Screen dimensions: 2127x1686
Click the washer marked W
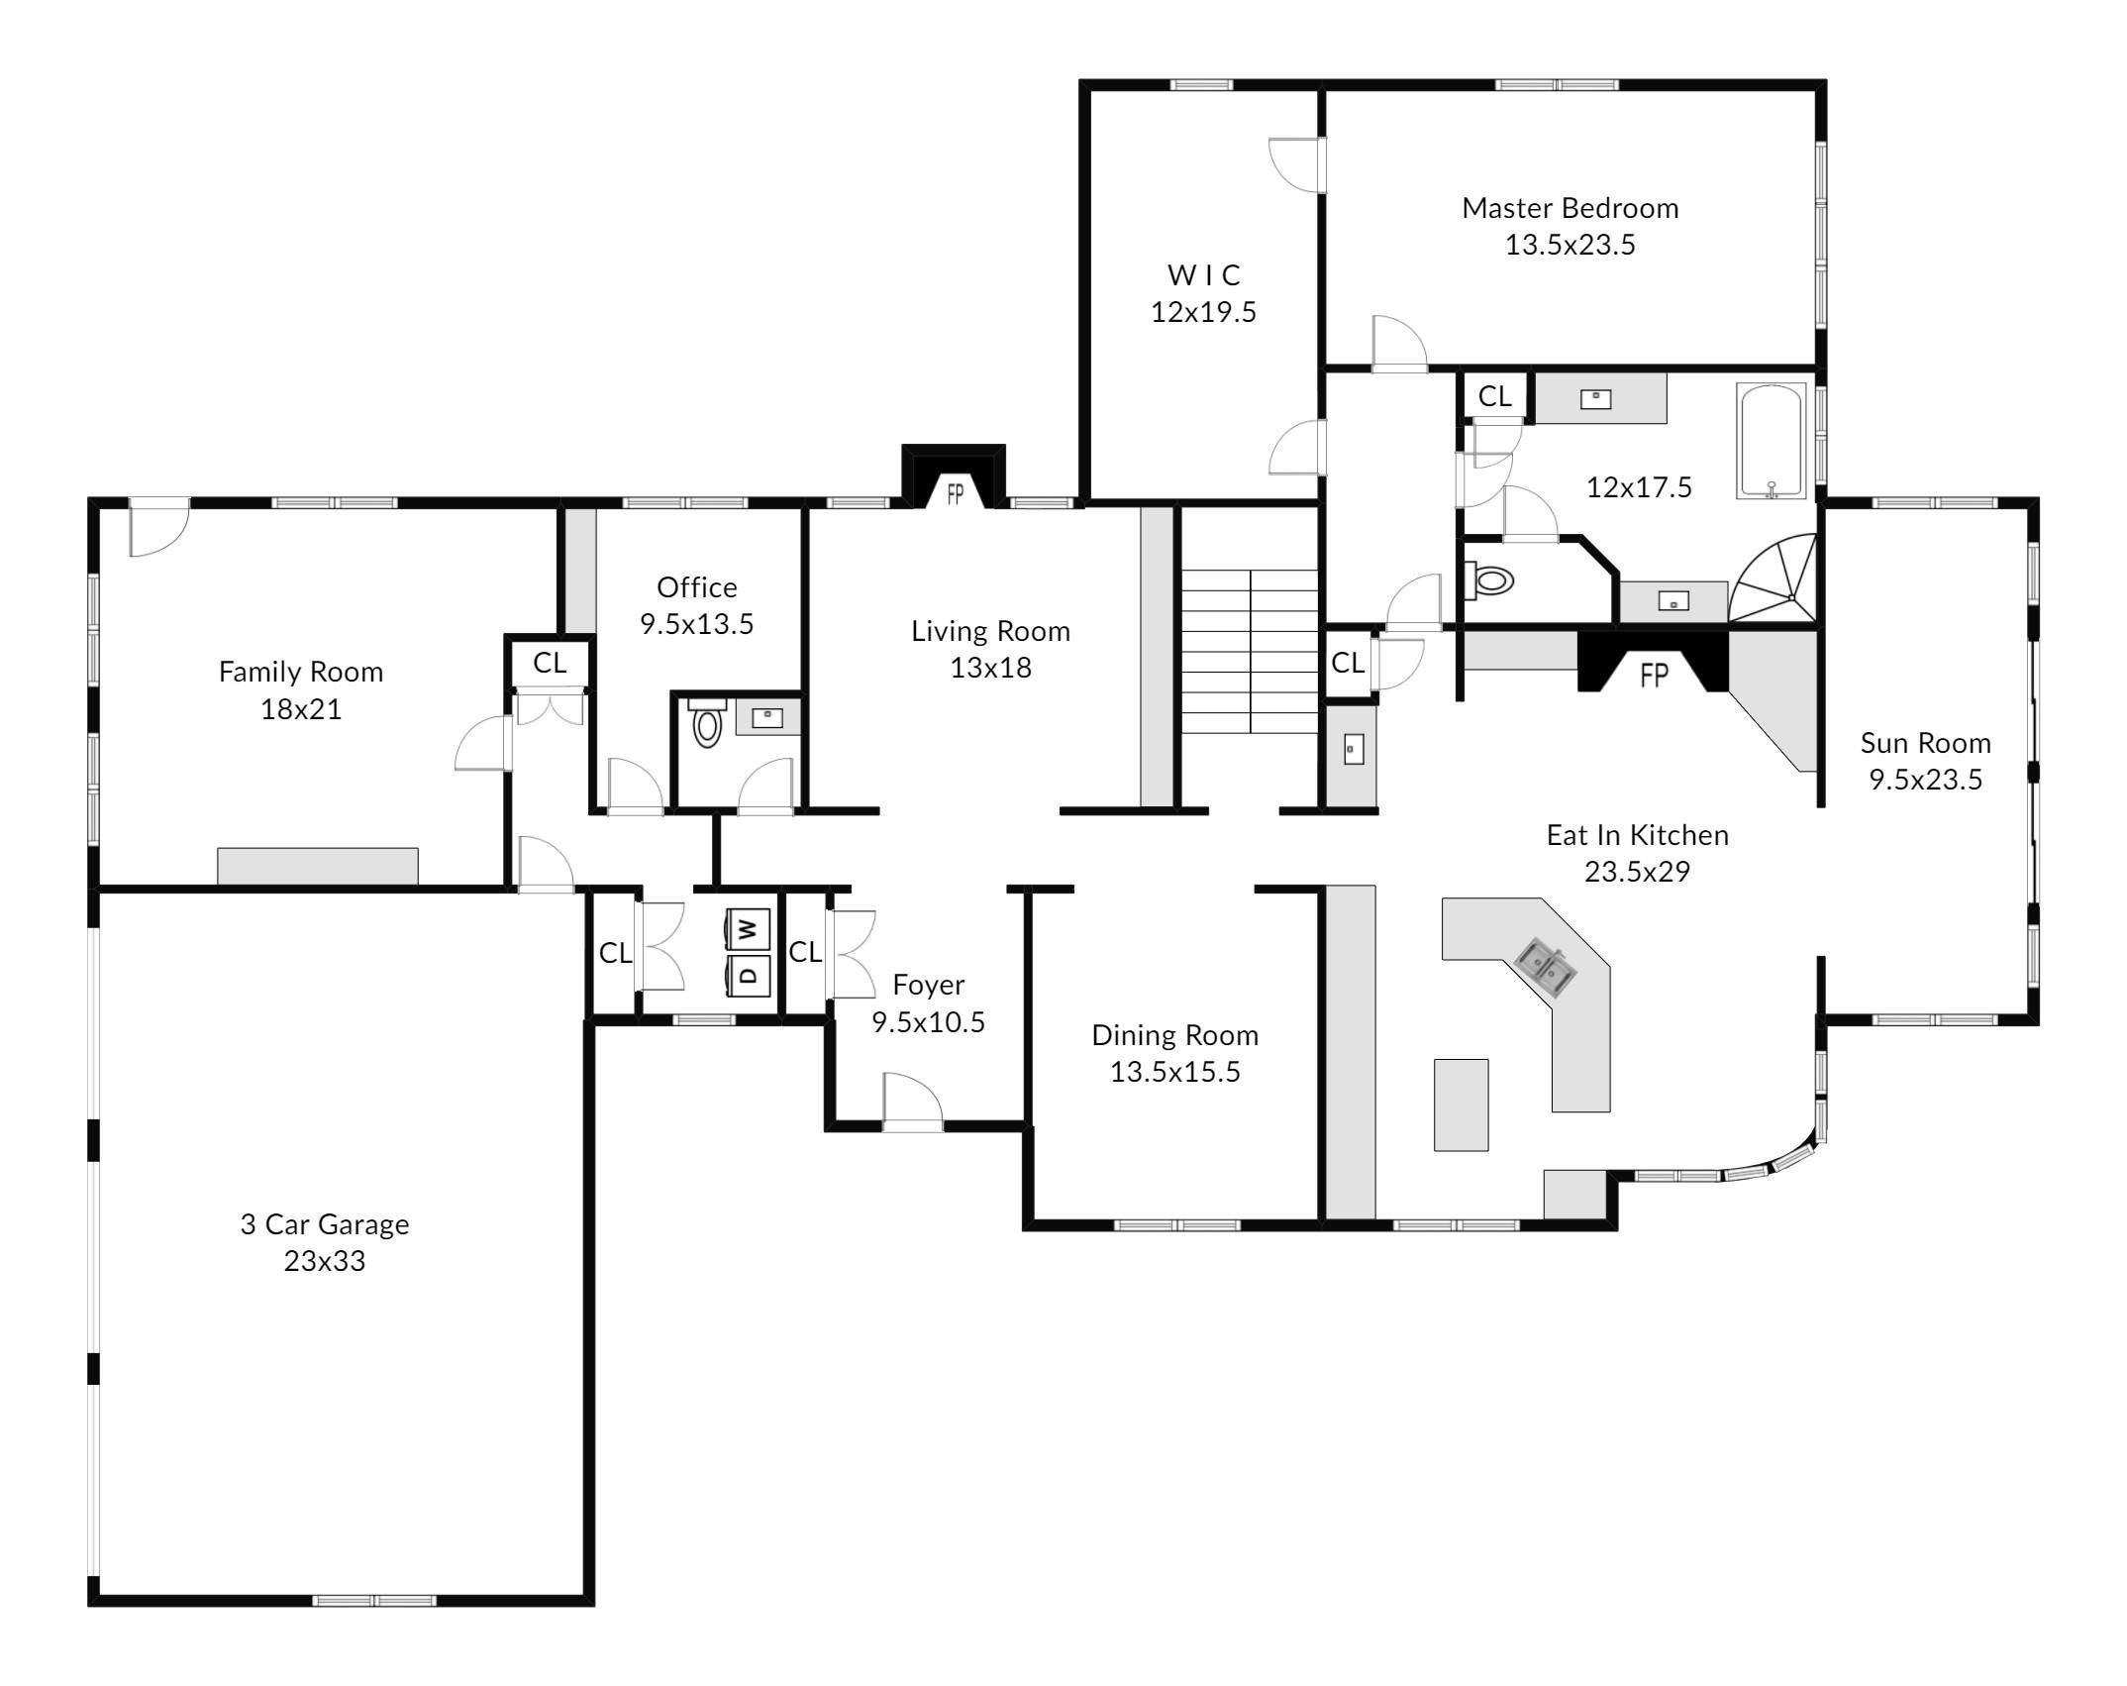pyautogui.click(x=748, y=929)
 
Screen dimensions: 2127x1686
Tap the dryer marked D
pyautogui.click(x=748, y=975)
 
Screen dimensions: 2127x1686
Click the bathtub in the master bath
pyautogui.click(x=1772, y=441)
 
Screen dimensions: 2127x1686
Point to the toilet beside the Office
pyautogui.click(x=706, y=722)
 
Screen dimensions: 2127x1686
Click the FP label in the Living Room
pyautogui.click(x=955, y=493)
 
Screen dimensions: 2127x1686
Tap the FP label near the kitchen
pyautogui.click(x=1654, y=676)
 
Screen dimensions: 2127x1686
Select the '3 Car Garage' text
pyautogui.click(x=325, y=1224)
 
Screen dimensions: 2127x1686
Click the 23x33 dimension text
pyautogui.click(x=325, y=1261)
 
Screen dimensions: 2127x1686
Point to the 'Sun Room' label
pyautogui.click(x=1925, y=743)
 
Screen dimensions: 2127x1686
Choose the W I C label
pyautogui.click(x=1203, y=274)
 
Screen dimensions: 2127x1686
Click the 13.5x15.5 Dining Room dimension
pyautogui.click(x=1174, y=1072)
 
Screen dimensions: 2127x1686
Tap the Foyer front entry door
pyautogui.click(x=913, y=1102)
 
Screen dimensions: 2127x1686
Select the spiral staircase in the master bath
pyautogui.click(x=1773, y=580)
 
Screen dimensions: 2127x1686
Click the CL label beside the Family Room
pyautogui.click(x=550, y=663)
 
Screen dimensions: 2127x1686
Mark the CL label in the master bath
pyautogui.click(x=1494, y=396)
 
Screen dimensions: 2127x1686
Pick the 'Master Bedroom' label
pyautogui.click(x=1570, y=208)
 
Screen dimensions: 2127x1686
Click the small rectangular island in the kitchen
pyautogui.click(x=1461, y=1105)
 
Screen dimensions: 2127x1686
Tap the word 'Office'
pyautogui.click(x=696, y=587)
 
